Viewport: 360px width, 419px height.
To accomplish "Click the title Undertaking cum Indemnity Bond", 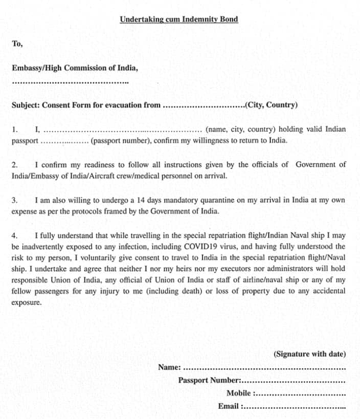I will tap(178, 19).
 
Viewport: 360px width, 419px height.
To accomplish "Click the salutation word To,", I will tap(17, 43).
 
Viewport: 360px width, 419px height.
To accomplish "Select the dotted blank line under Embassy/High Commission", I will tap(70, 82).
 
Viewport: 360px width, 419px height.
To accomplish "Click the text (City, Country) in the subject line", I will tap(272, 105).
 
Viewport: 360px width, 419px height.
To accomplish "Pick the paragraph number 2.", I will tap(15, 165).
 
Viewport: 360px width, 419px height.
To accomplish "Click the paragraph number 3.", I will tap(15, 200).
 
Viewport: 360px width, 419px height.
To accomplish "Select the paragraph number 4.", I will tap(15, 236).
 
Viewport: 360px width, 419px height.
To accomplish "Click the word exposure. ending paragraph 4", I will tap(27, 302).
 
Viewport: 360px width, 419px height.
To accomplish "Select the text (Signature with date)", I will tap(309, 354).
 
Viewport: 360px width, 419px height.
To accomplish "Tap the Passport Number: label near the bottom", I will tap(209, 380).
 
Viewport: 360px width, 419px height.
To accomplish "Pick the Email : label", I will tap(231, 406).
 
